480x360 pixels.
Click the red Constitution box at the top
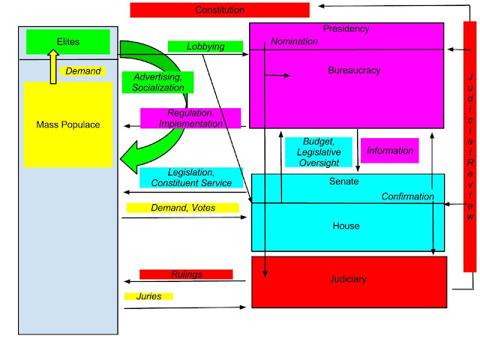(220, 10)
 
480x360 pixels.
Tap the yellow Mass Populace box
(68, 124)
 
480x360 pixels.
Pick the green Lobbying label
(205, 46)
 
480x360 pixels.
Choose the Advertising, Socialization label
(158, 82)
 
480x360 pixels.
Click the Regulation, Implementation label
(190, 118)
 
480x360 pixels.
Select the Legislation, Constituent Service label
(191, 178)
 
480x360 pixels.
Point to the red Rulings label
(186, 274)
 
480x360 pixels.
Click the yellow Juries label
(148, 296)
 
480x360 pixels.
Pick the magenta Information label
(389, 151)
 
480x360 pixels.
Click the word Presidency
(346, 29)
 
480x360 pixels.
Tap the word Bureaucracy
(354, 70)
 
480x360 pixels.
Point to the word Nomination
(294, 41)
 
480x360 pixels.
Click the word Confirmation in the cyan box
(408, 196)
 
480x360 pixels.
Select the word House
(346, 226)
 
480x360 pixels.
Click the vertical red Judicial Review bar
(469, 146)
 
